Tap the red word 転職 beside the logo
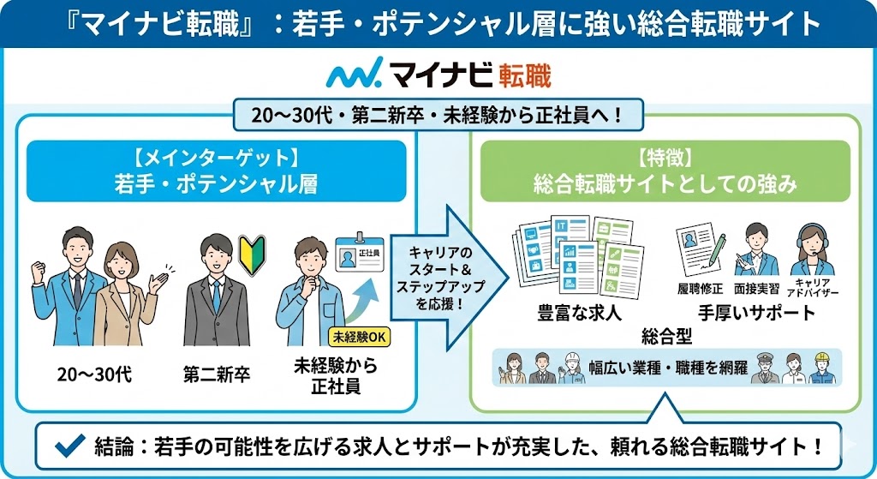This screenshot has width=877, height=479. click(522, 75)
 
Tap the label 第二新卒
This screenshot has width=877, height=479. click(216, 374)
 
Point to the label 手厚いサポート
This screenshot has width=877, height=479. click(756, 312)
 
